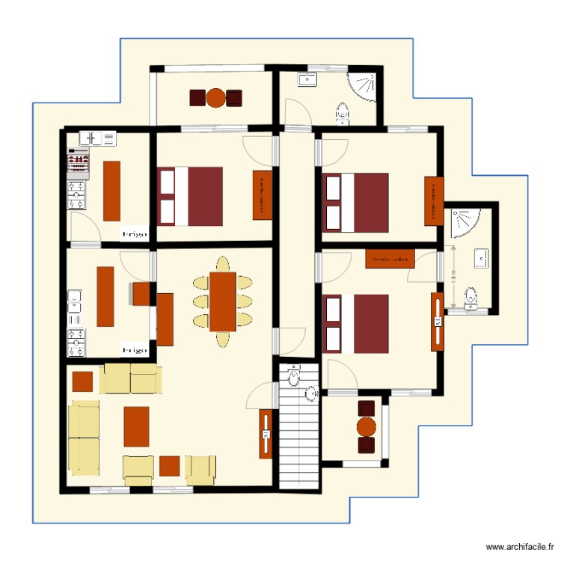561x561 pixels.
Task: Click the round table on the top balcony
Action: point(215,97)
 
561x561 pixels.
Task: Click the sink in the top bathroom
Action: point(307,79)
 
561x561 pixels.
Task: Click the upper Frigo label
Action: point(135,233)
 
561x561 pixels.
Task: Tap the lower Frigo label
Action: point(135,349)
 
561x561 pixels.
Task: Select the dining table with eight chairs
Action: point(223,301)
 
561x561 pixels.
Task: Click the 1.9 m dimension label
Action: point(454,278)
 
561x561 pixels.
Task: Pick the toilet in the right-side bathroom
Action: point(470,298)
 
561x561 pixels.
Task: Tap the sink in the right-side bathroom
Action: point(482,259)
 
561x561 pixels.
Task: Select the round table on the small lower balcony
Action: point(366,427)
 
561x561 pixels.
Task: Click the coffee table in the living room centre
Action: point(136,426)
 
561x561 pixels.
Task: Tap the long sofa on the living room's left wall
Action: point(85,437)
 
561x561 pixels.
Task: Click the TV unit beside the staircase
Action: point(265,434)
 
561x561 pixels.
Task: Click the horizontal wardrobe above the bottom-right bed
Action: point(390,259)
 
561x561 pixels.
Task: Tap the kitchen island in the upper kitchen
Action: point(112,191)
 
